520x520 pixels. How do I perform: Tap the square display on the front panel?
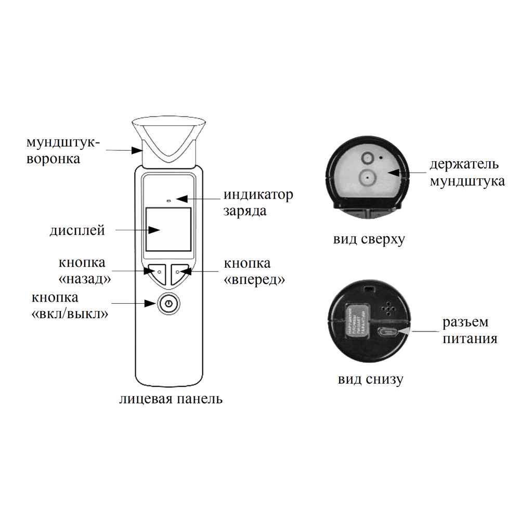tap(167, 229)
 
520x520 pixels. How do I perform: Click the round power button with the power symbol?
tap(167, 304)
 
